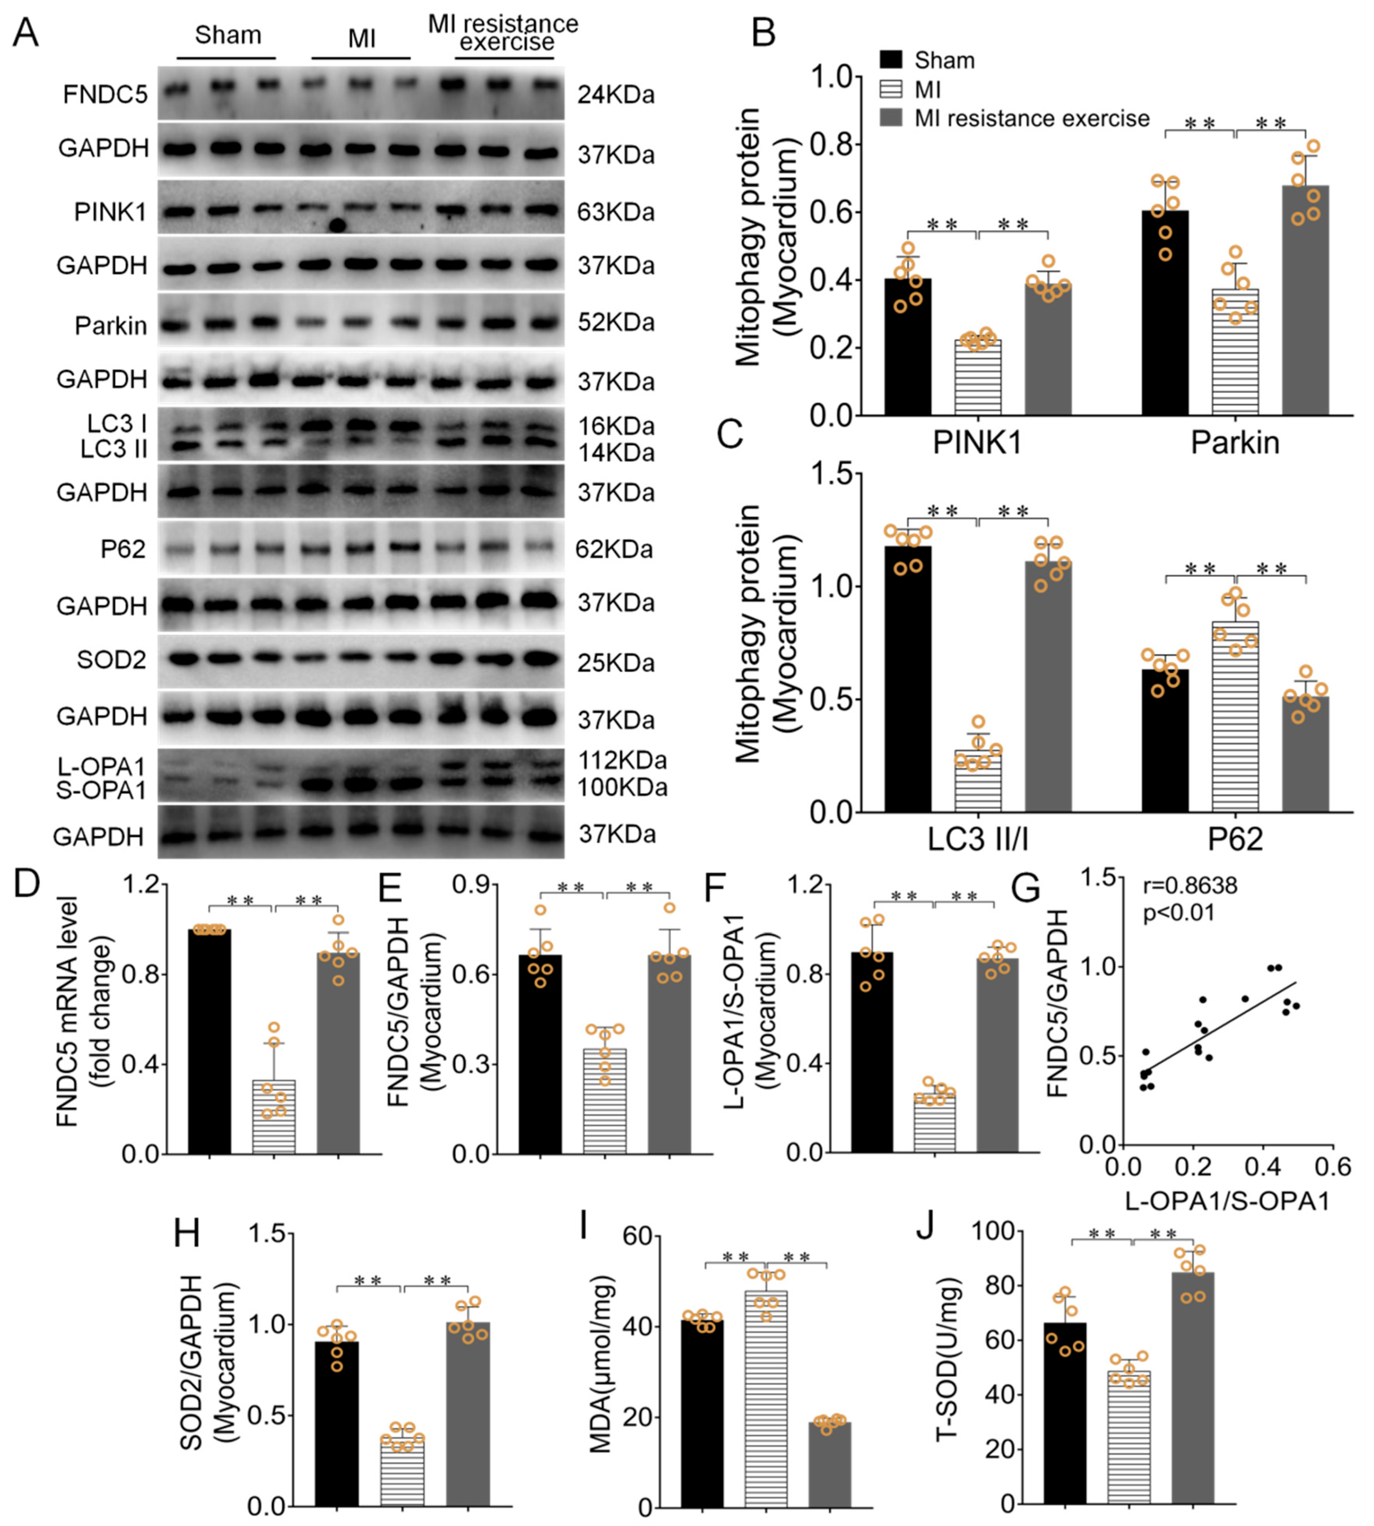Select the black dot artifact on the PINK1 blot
click(x=337, y=225)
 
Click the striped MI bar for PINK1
click(x=978, y=378)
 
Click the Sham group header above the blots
click(x=227, y=36)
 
